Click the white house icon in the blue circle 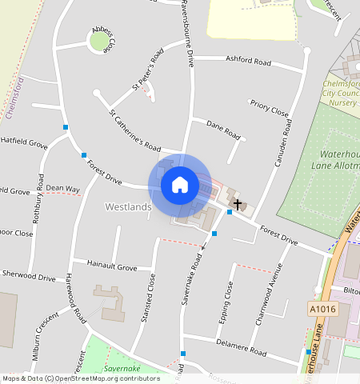pos(180,186)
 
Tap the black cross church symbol pos(237,204)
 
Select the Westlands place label pos(128,207)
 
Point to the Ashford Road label pos(249,61)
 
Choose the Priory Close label pos(269,108)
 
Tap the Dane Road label pos(223,128)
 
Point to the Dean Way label pos(62,190)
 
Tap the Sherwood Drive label pos(28,277)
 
